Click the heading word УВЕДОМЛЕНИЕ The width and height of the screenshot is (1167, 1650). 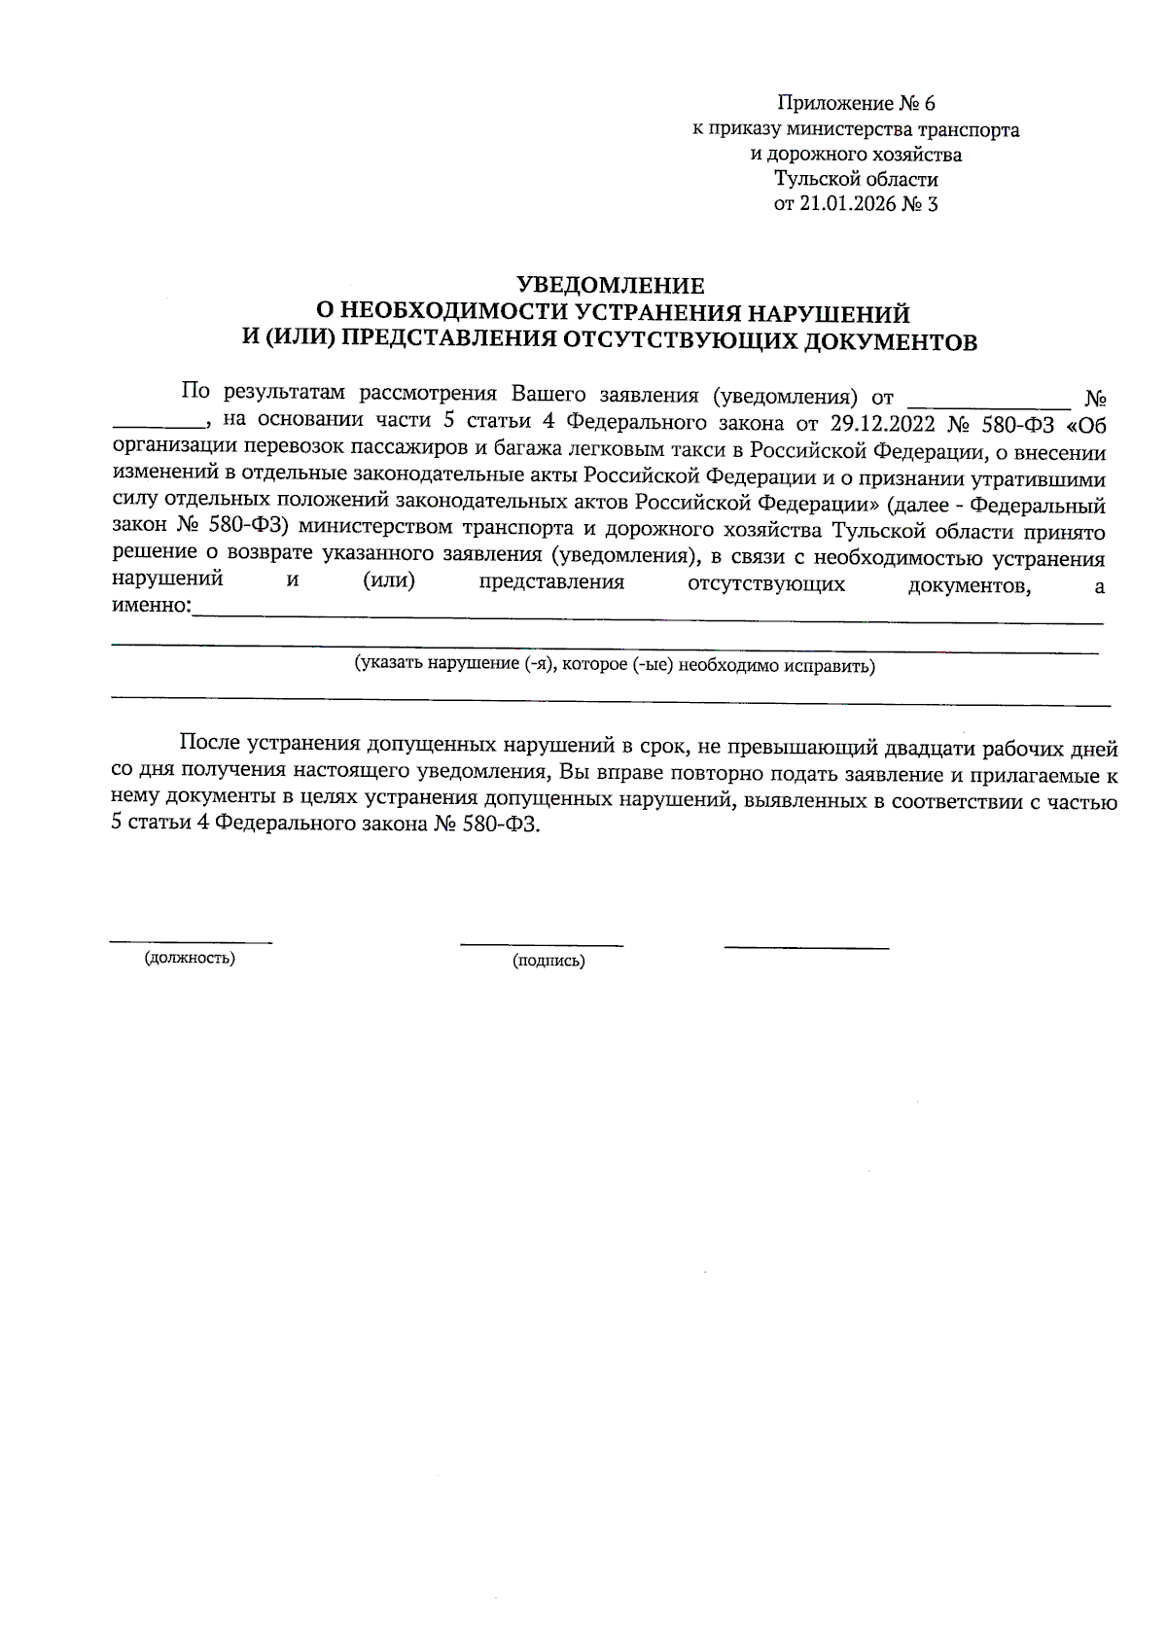tap(610, 286)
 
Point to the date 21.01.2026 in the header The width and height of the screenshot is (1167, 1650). tap(842, 204)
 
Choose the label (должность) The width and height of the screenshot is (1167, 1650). tap(190, 959)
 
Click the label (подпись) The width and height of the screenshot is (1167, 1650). tap(548, 962)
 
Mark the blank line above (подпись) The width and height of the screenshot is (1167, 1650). tap(542, 943)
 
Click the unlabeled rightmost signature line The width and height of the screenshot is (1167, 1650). tap(806, 946)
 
